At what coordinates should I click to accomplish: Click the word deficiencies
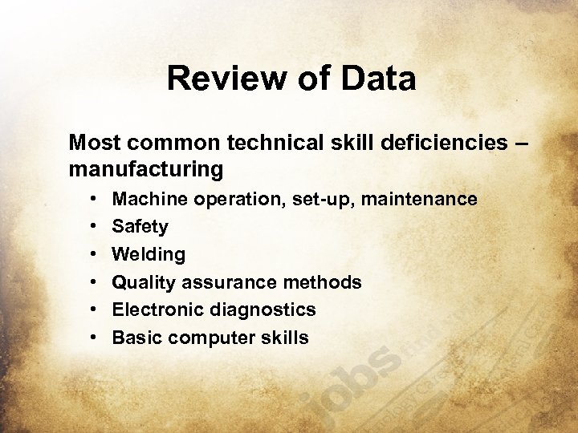point(438,143)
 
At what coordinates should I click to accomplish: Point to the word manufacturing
point(146,170)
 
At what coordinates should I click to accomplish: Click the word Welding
point(149,255)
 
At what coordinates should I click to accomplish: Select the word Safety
point(140,227)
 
